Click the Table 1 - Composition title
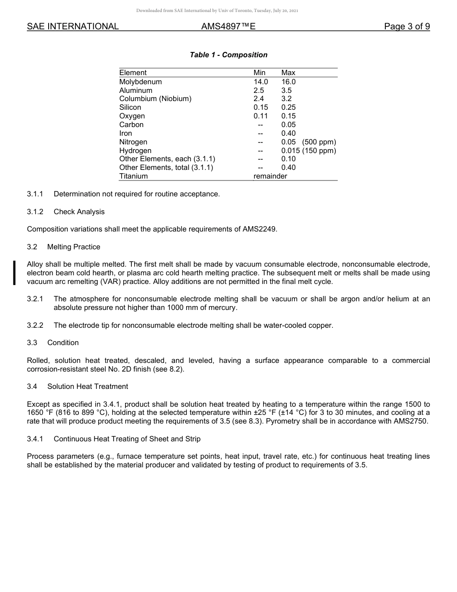pos(228,55)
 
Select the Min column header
pos(259,73)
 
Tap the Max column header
pos(288,73)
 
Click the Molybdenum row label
pos(140,82)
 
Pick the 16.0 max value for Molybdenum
pos(289,82)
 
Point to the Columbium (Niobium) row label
pos(155,99)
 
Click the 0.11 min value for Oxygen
pos(261,116)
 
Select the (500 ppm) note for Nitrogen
pos(319,142)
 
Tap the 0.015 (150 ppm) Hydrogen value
pos(308,151)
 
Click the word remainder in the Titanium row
pos(270,176)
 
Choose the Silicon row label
pos(130,107)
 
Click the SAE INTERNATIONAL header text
pos(73,26)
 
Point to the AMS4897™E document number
pos(228,26)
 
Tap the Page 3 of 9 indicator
pos(406,26)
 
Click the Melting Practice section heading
pos(74,247)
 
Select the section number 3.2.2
pos(35,325)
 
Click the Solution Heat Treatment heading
pos(88,386)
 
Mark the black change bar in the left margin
pos(14,272)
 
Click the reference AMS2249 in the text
pos(260,229)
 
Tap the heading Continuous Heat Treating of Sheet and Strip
pos(127,439)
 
